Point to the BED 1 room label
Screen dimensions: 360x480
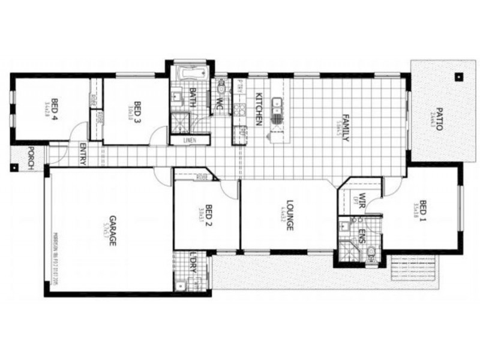click(423, 210)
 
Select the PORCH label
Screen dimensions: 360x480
click(31, 158)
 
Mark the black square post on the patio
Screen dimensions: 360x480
click(459, 76)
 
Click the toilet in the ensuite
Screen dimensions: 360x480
click(372, 251)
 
